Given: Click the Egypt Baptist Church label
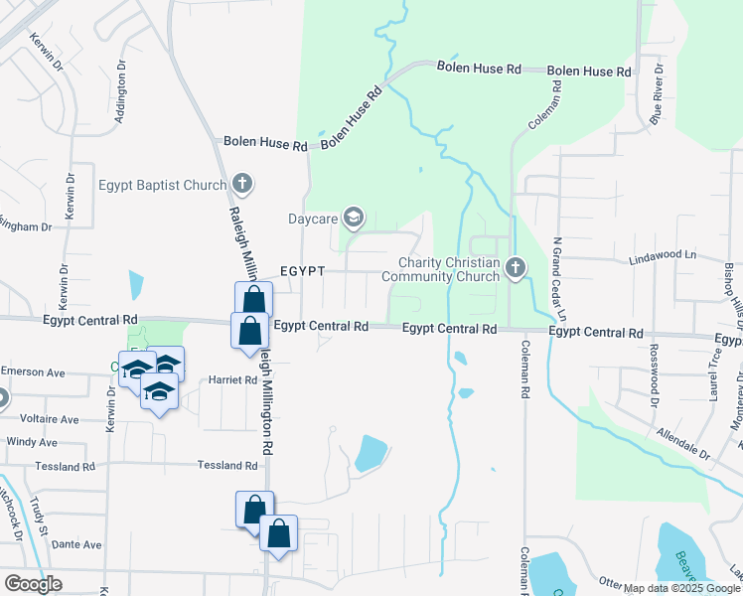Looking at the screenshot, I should point(162,184).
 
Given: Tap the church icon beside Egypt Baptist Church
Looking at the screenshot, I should point(242,184).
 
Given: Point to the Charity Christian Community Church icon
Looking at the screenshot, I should point(515,267).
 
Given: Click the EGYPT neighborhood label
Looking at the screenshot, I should point(302,270).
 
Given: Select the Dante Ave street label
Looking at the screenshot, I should point(77,544).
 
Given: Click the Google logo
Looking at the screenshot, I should point(33,583).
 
